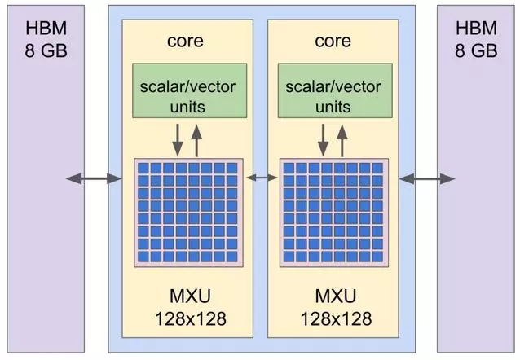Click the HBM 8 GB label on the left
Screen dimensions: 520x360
(x=46, y=39)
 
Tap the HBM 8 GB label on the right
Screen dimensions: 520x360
(x=476, y=39)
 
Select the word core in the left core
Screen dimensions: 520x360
(x=185, y=41)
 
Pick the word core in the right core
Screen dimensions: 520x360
(x=333, y=41)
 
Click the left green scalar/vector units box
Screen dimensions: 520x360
(x=190, y=90)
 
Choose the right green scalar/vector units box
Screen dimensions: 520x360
(x=335, y=90)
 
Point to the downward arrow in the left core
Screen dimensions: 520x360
(x=178, y=140)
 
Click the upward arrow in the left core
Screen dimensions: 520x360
(x=196, y=141)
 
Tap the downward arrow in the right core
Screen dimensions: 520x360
(x=324, y=140)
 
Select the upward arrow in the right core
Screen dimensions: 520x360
(x=342, y=141)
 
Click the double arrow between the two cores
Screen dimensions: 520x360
(x=262, y=178)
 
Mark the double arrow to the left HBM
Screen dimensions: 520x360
(x=94, y=178)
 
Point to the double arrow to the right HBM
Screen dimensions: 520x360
(x=427, y=178)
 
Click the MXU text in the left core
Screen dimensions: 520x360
(x=190, y=296)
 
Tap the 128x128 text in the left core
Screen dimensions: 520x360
(x=191, y=319)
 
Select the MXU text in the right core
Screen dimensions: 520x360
(x=336, y=296)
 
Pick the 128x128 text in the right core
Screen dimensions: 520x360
(x=337, y=319)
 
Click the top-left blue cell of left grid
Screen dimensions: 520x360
(x=143, y=168)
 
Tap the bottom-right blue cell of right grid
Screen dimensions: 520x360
(x=377, y=257)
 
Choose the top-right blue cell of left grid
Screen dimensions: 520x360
(x=231, y=168)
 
